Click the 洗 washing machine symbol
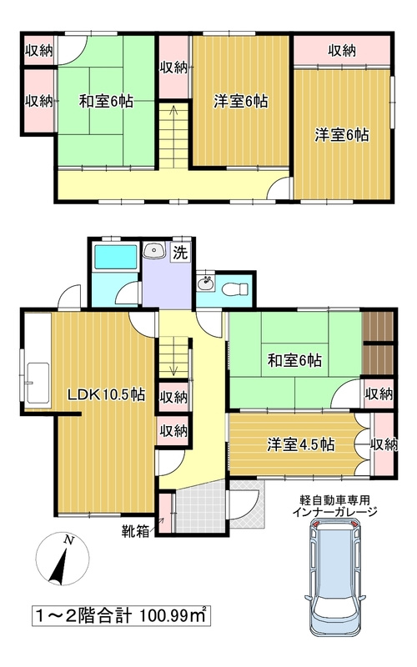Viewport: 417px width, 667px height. (179, 252)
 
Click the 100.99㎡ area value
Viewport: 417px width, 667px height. (170, 617)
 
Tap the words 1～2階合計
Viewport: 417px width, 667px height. (80, 617)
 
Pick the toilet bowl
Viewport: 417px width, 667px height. (237, 288)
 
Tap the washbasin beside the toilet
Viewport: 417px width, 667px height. (205, 285)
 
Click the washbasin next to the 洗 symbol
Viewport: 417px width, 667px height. (154, 251)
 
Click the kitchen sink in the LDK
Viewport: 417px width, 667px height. (36, 383)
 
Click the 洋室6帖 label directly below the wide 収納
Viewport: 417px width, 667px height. (342, 133)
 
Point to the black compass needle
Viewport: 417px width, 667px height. (59, 569)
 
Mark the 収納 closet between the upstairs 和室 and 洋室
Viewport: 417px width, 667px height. (173, 67)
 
